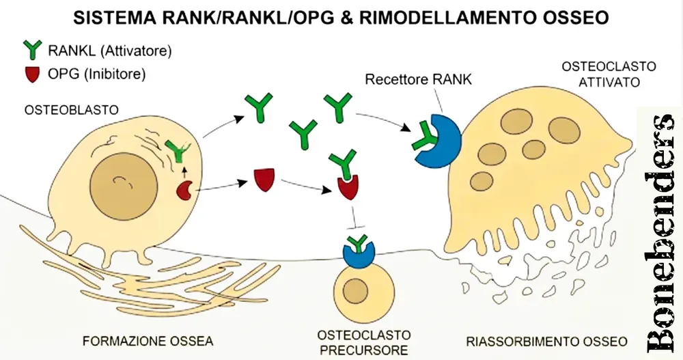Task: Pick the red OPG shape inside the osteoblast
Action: pyautogui.click(x=184, y=191)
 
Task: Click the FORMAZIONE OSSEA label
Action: pyautogui.click(x=148, y=340)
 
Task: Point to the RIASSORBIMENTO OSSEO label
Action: pyautogui.click(x=546, y=340)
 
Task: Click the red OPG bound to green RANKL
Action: pyautogui.click(x=348, y=186)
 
